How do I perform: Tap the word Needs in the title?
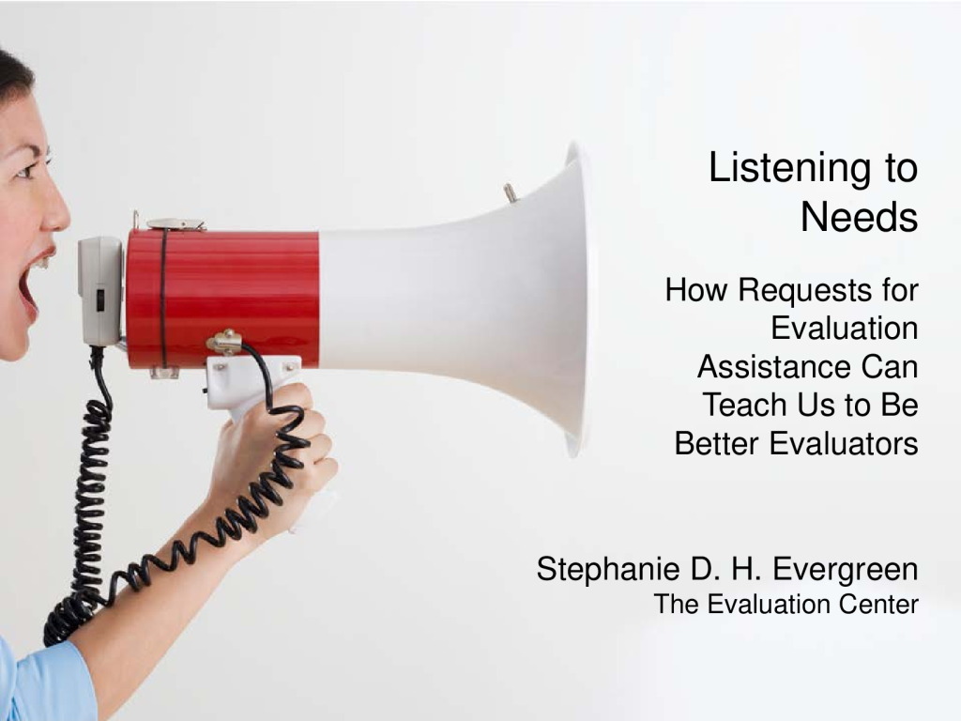click(860, 217)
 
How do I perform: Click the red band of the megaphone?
click(222, 299)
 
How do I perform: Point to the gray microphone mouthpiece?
click(99, 291)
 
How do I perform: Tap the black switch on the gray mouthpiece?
click(99, 299)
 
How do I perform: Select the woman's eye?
click(25, 169)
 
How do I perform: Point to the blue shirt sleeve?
click(44, 681)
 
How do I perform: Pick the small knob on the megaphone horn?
click(510, 192)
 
